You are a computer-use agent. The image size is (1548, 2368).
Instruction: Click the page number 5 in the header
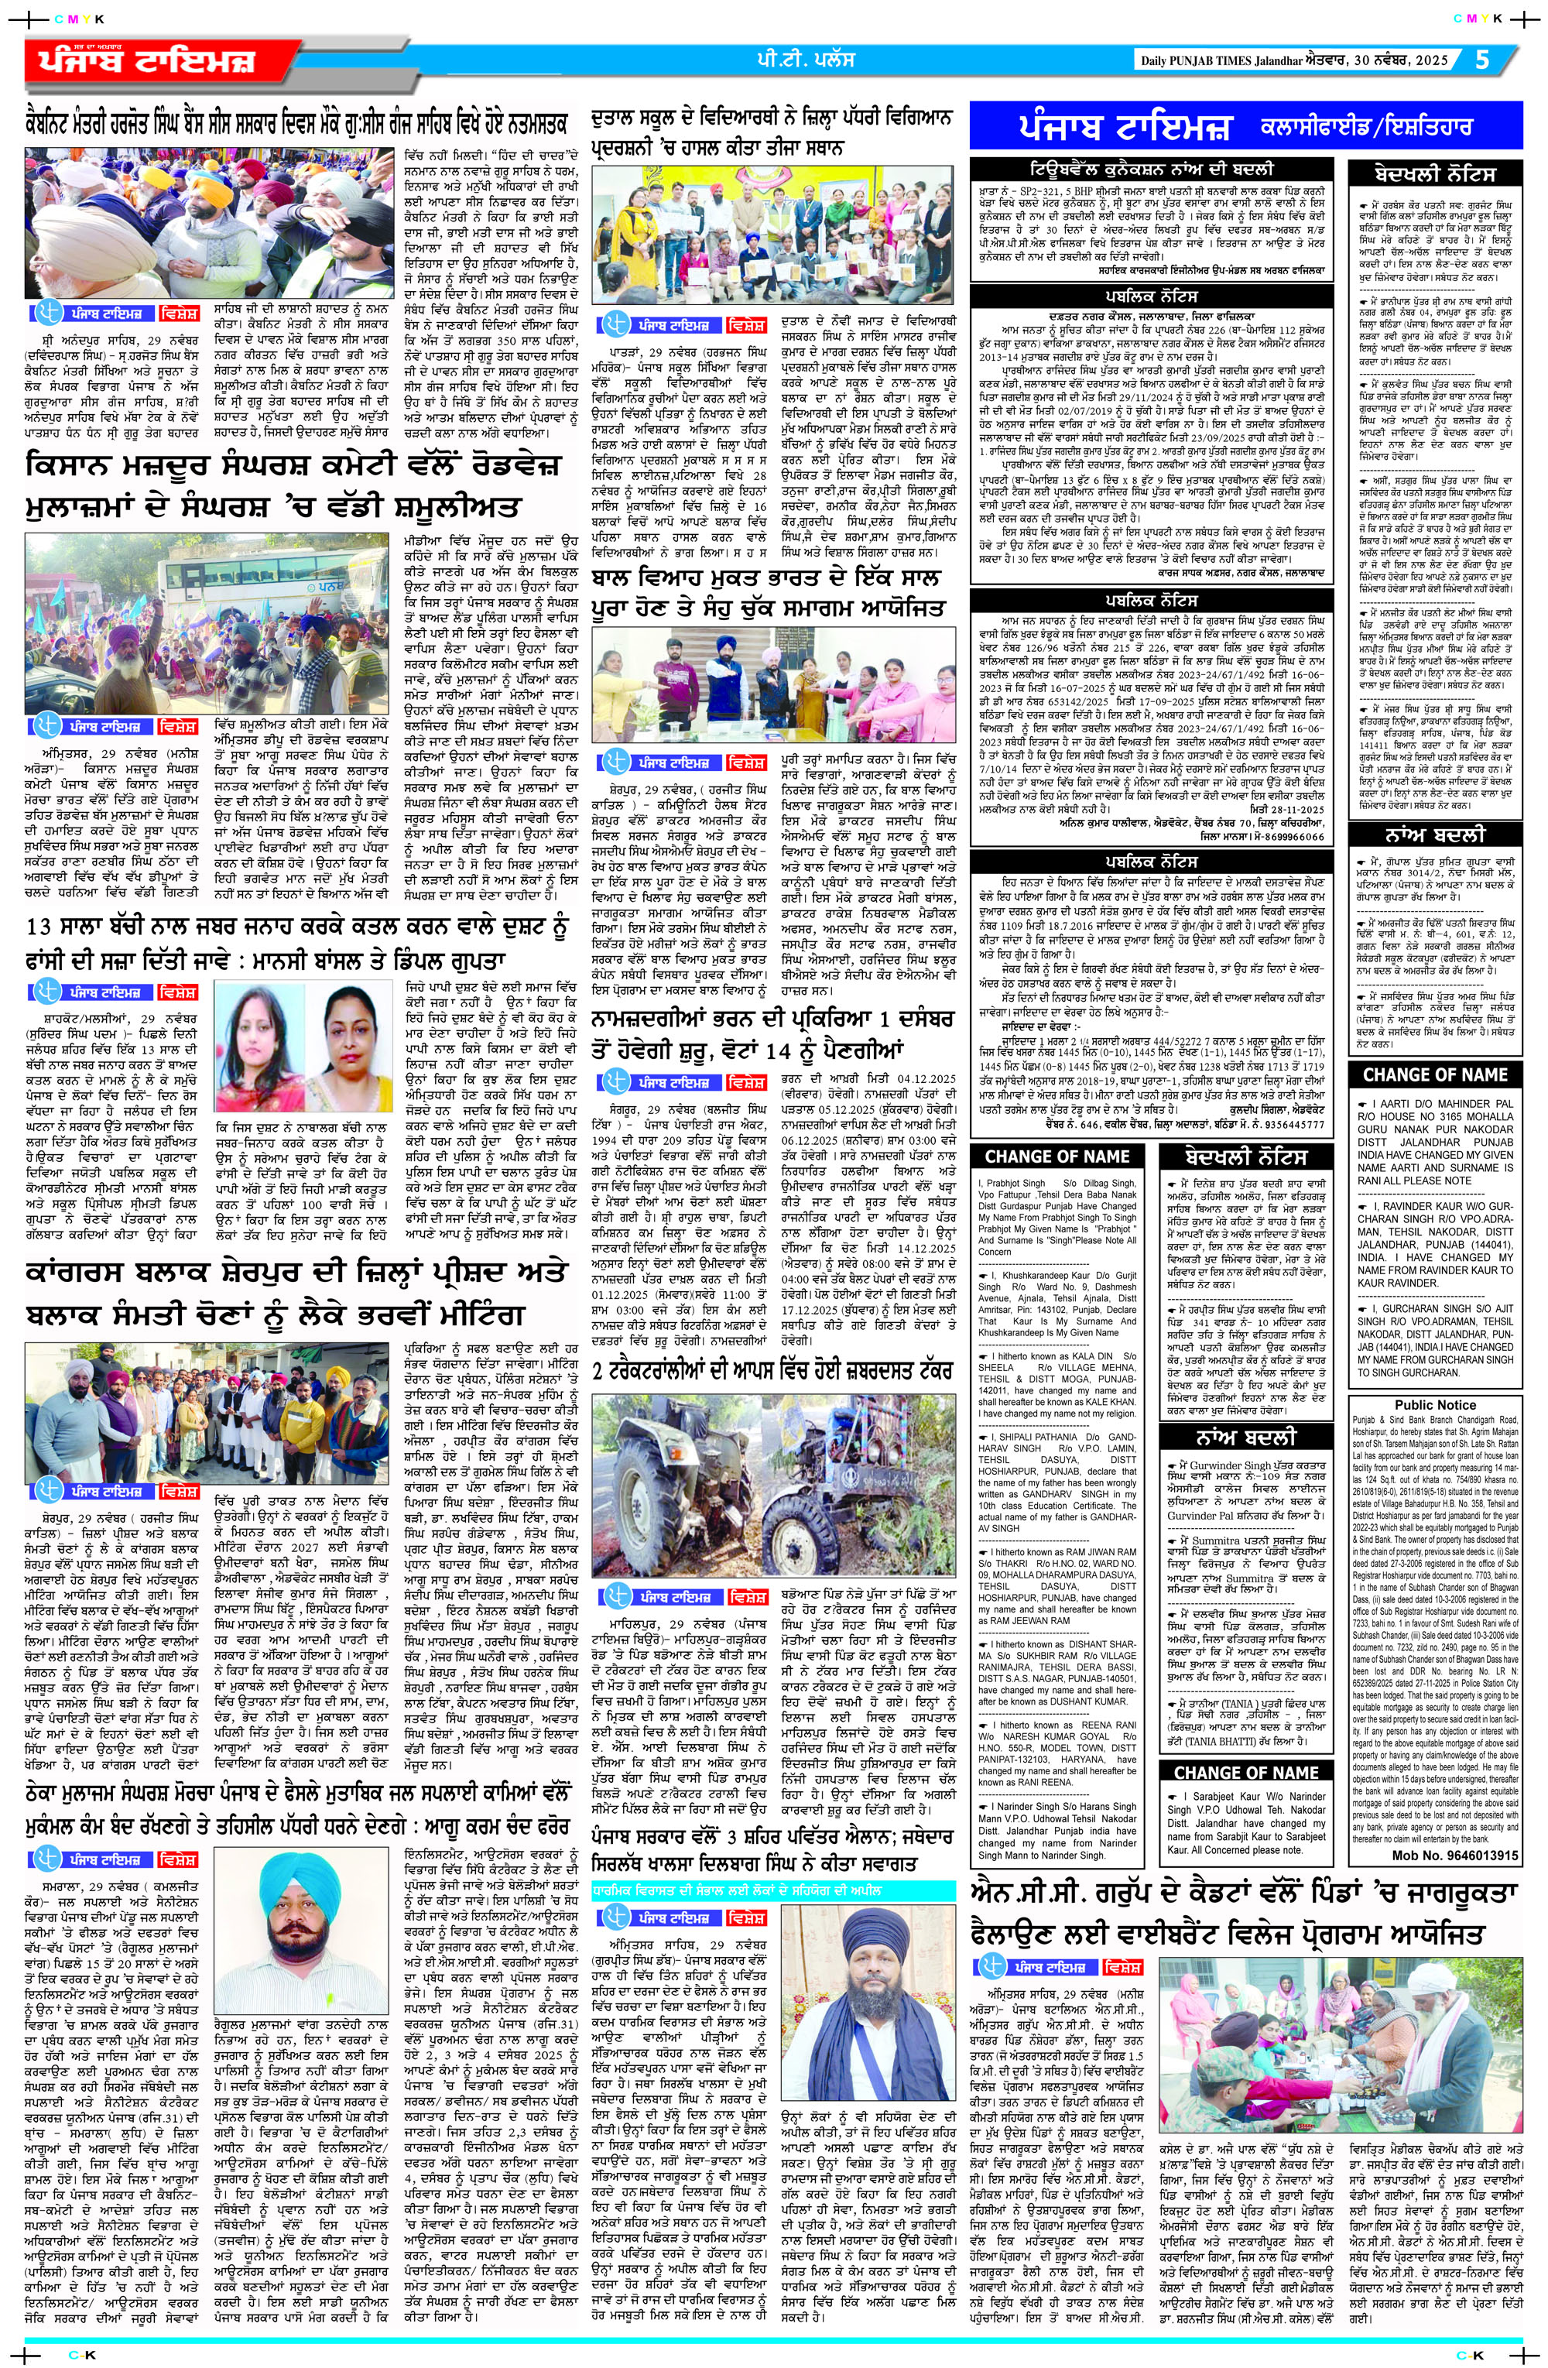1482,60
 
